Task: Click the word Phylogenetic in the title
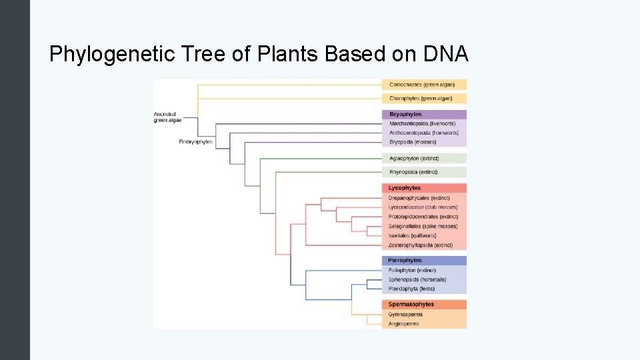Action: point(105,54)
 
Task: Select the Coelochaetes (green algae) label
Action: point(420,85)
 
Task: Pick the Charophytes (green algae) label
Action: point(420,98)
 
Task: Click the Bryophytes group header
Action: point(405,115)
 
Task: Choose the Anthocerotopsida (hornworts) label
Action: point(422,133)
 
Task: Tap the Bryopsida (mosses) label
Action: point(412,142)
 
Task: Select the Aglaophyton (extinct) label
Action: point(413,159)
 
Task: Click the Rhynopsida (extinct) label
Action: point(413,172)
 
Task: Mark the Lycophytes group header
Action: point(404,188)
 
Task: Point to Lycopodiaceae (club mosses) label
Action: point(423,207)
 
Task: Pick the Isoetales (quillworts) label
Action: point(412,235)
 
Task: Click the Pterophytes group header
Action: point(405,261)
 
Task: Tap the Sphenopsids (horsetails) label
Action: point(417,279)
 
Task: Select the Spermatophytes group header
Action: point(411,305)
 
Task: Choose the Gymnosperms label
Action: point(405,315)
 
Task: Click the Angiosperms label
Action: point(403,324)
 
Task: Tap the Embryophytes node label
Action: point(195,142)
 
